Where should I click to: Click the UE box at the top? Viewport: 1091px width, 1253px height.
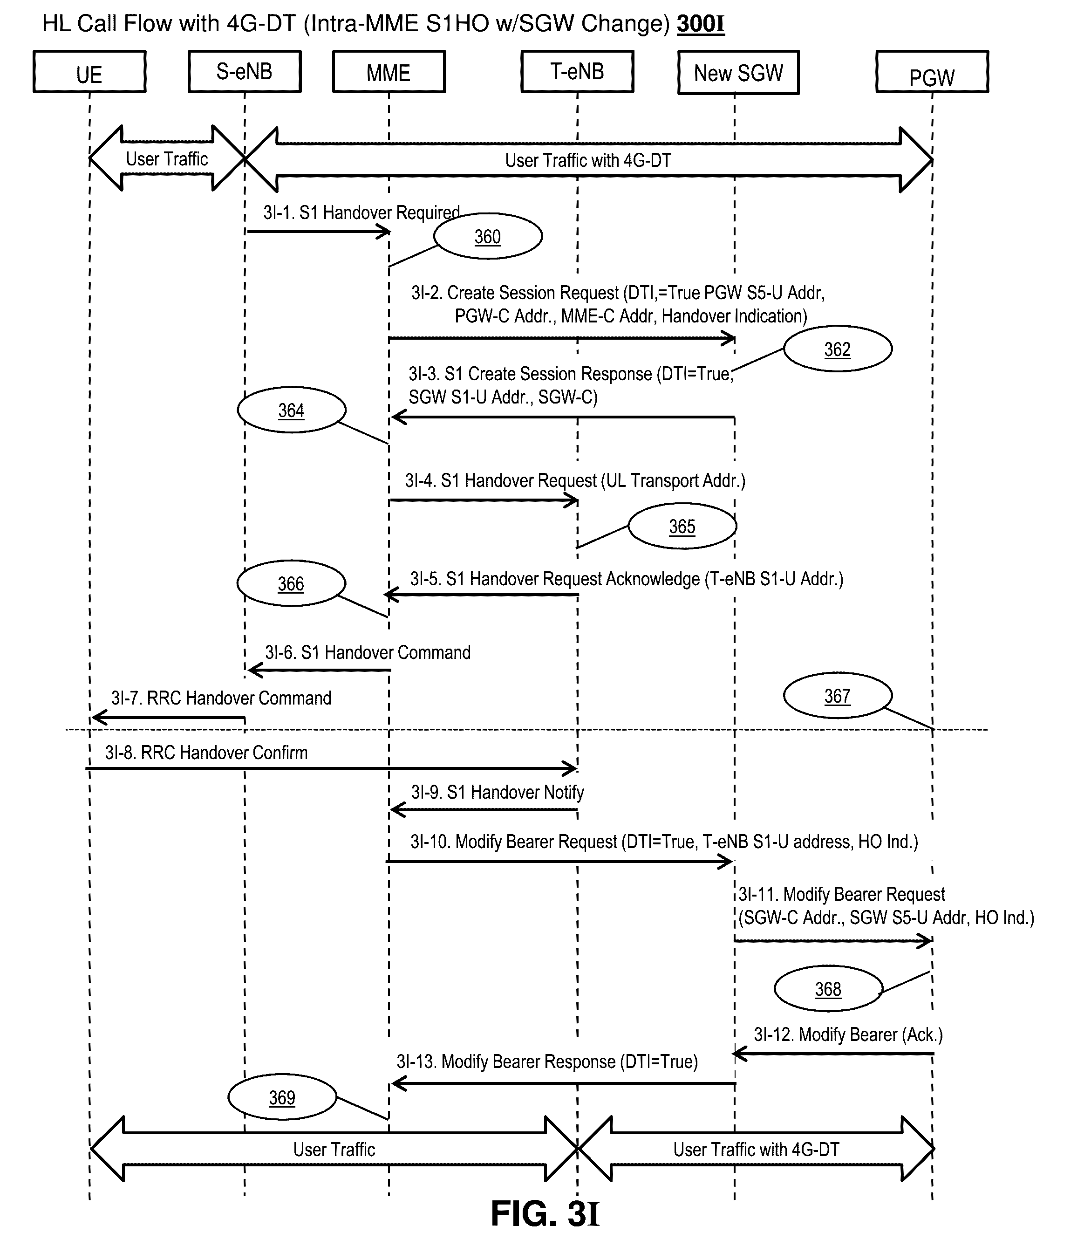89,72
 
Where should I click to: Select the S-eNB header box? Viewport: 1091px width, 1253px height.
245,72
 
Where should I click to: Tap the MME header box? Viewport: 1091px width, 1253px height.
389,72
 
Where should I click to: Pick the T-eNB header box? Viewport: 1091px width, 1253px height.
577,72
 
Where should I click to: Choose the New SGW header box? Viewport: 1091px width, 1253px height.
738,72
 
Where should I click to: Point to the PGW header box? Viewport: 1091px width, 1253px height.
932,72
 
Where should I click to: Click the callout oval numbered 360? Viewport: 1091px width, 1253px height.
488,236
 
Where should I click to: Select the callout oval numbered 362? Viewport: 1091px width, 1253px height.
838,349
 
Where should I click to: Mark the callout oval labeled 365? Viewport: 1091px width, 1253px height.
682,526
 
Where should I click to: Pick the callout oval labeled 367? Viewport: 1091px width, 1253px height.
838,695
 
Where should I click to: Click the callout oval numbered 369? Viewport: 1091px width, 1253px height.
282,1097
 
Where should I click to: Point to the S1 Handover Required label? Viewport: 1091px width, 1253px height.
361,212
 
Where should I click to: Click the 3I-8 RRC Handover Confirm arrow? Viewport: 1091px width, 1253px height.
332,768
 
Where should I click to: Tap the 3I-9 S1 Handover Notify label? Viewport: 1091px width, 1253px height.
498,792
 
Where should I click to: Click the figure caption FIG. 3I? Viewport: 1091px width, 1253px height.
545,1213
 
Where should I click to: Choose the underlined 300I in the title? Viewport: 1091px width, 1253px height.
700,24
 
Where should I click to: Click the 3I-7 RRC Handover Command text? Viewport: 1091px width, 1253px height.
221,698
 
